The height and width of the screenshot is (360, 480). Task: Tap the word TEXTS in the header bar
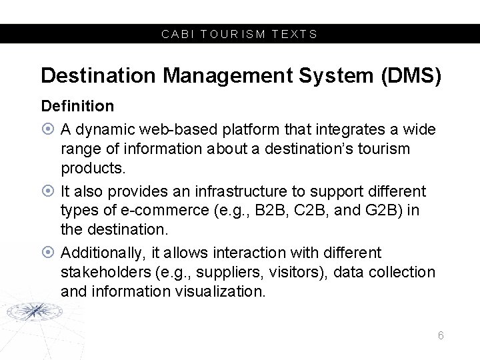(296, 34)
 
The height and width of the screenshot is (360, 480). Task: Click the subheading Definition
(77, 105)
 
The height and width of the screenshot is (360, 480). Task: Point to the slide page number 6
(441, 335)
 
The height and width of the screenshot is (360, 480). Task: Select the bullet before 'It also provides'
(47, 192)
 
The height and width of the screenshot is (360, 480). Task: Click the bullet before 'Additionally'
(47, 253)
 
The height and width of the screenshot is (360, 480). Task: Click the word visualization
(217, 291)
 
